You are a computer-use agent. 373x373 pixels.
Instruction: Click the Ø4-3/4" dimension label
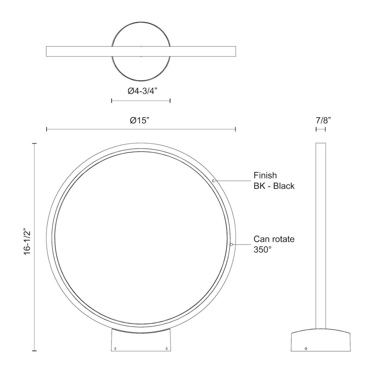click(x=142, y=91)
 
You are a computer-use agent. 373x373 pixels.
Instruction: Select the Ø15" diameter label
click(x=140, y=121)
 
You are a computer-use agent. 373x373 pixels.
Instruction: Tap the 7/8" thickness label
click(x=323, y=121)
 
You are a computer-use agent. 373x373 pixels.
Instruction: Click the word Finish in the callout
click(x=265, y=175)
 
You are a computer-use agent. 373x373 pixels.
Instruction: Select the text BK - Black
click(x=274, y=186)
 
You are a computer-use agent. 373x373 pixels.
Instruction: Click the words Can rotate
click(x=274, y=239)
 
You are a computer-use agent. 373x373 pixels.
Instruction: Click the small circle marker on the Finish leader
click(x=214, y=181)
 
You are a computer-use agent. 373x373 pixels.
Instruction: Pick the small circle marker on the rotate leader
click(x=231, y=245)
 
